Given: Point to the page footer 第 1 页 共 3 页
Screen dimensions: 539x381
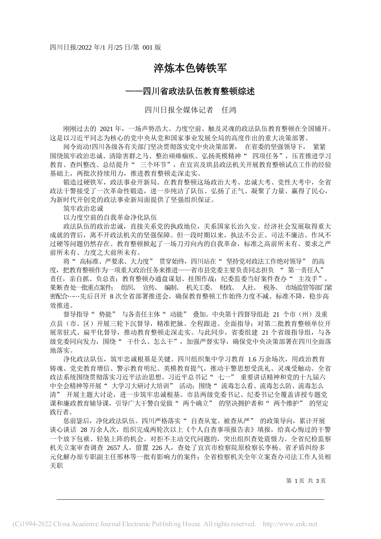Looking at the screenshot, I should click(305, 480).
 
